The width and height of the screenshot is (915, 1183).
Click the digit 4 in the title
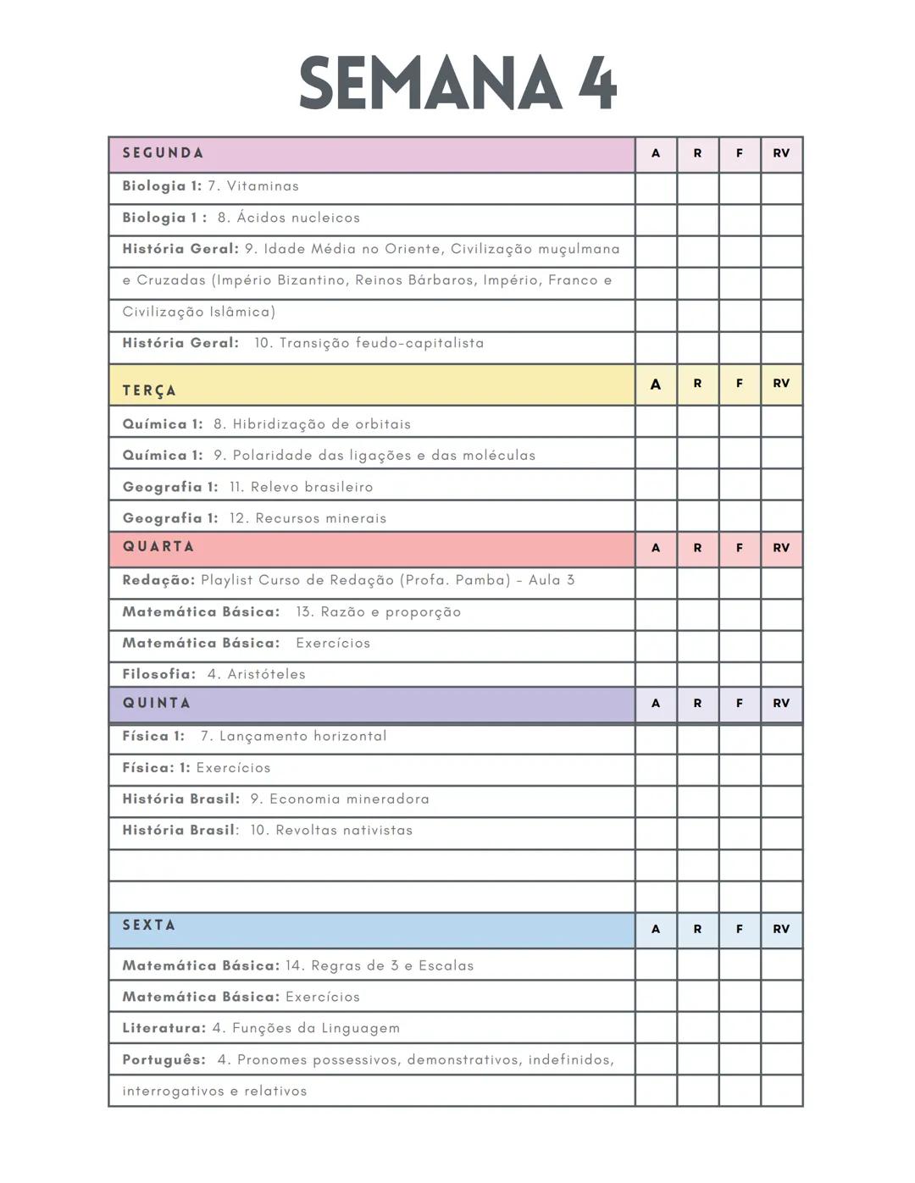coord(598,83)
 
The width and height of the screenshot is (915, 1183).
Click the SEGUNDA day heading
coord(163,153)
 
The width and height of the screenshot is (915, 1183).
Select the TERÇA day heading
coord(149,390)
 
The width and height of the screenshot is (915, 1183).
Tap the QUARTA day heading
coord(158,547)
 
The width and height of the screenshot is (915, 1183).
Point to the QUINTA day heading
coord(157,703)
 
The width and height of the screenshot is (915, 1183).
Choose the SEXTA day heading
coord(149,925)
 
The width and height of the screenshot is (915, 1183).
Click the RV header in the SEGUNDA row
coord(781,153)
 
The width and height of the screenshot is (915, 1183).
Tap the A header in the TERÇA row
coord(656,384)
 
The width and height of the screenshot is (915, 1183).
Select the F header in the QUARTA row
coord(740,548)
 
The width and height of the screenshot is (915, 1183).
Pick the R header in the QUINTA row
coord(697,703)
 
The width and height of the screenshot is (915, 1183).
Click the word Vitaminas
coord(263,186)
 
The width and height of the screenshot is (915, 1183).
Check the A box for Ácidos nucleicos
coord(656,218)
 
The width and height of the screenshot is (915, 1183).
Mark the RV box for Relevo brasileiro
coord(781,485)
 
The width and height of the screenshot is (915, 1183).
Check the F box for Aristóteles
coord(740,674)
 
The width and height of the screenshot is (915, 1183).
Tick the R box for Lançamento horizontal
coord(697,738)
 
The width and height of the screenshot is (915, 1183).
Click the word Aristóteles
coord(266,674)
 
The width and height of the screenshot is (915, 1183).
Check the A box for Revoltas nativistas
coord(656,832)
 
